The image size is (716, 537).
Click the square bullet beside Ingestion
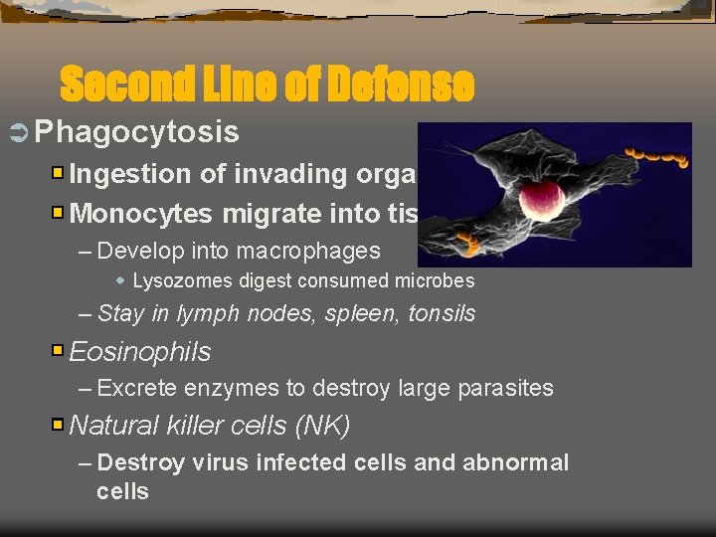(59, 174)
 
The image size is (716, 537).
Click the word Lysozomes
(179, 280)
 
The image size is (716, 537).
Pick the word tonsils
(442, 314)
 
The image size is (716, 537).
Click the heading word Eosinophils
(140, 352)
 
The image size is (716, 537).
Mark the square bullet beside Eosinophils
(59, 352)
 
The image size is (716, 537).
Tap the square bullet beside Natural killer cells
(59, 426)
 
